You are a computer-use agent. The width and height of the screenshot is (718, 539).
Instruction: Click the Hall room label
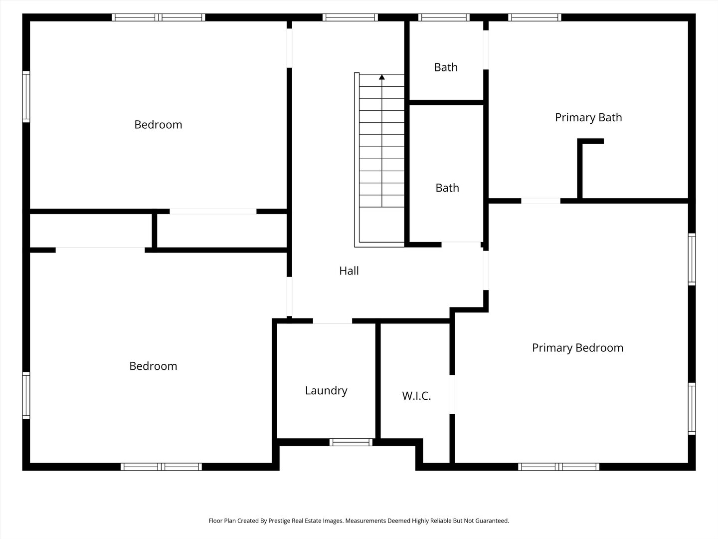[349, 270]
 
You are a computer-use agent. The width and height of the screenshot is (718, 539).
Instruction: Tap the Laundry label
[326, 390]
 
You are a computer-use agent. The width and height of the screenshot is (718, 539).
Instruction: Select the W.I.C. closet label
[416, 396]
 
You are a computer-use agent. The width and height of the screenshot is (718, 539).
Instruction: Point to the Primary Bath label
[588, 117]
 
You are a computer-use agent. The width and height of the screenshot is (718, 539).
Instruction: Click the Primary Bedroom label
[578, 347]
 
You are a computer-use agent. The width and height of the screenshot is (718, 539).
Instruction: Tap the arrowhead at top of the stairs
[382, 77]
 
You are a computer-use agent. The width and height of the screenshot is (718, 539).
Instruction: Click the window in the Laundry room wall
[351, 442]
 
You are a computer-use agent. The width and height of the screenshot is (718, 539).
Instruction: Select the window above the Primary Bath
[535, 17]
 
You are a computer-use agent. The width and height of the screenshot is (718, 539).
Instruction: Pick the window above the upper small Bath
[444, 17]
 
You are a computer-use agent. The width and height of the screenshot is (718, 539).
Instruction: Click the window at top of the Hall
[350, 17]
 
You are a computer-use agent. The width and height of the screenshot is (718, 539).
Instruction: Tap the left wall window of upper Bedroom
[26, 96]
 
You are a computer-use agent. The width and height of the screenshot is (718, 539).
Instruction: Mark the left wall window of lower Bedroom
[26, 395]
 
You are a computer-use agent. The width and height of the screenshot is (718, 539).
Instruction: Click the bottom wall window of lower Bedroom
[161, 467]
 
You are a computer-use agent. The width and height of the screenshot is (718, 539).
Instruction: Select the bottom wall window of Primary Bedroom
[559, 467]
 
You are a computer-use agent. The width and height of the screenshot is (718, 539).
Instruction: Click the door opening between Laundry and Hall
[333, 321]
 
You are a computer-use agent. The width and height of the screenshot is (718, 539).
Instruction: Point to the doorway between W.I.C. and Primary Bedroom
[452, 394]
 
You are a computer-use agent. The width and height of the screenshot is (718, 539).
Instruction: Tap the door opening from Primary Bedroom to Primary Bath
[540, 201]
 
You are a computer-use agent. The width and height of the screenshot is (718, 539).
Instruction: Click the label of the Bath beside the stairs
[447, 188]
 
